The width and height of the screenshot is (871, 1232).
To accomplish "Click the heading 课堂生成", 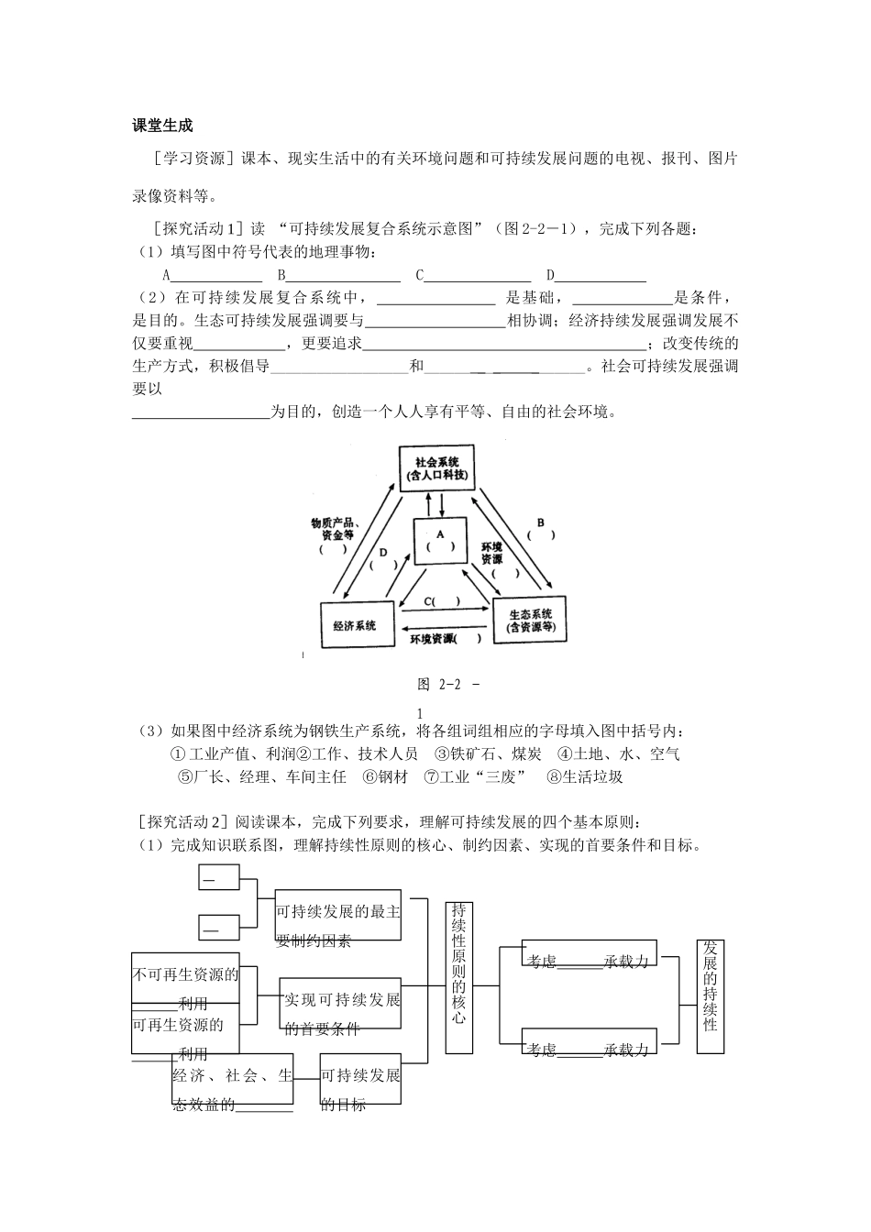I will tap(163, 125).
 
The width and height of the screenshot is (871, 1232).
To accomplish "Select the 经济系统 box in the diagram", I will tap(356, 625).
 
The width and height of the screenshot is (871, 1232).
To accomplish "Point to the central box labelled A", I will tap(440, 540).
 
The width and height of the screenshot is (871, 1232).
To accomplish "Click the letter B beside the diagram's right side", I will tap(541, 522).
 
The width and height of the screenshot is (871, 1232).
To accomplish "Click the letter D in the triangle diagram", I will tap(383, 553).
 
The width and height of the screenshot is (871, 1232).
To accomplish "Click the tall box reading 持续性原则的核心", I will tap(458, 975).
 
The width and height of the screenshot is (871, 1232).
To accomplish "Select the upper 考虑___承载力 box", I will tap(588, 953).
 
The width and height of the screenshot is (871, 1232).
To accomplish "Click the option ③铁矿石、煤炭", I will tap(488, 754).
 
